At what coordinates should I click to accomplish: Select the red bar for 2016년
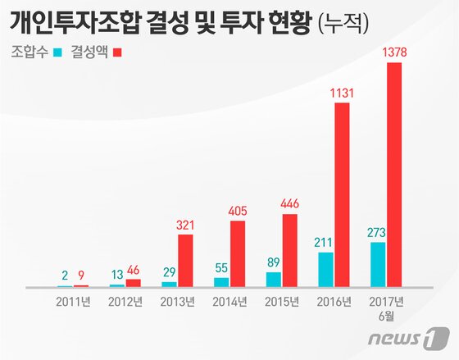coord(343,195)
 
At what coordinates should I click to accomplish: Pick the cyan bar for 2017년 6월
coord(378,264)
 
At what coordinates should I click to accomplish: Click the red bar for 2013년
coord(185,260)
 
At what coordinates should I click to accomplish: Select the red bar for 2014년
coord(238,253)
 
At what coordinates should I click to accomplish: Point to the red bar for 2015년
coord(290,250)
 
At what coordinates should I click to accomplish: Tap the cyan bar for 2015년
coord(274,279)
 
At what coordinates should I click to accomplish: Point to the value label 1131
coord(343,93)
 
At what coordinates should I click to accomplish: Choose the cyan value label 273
coord(378,232)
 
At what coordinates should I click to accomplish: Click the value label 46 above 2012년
coord(133,269)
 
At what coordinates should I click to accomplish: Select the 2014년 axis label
coord(229,301)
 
